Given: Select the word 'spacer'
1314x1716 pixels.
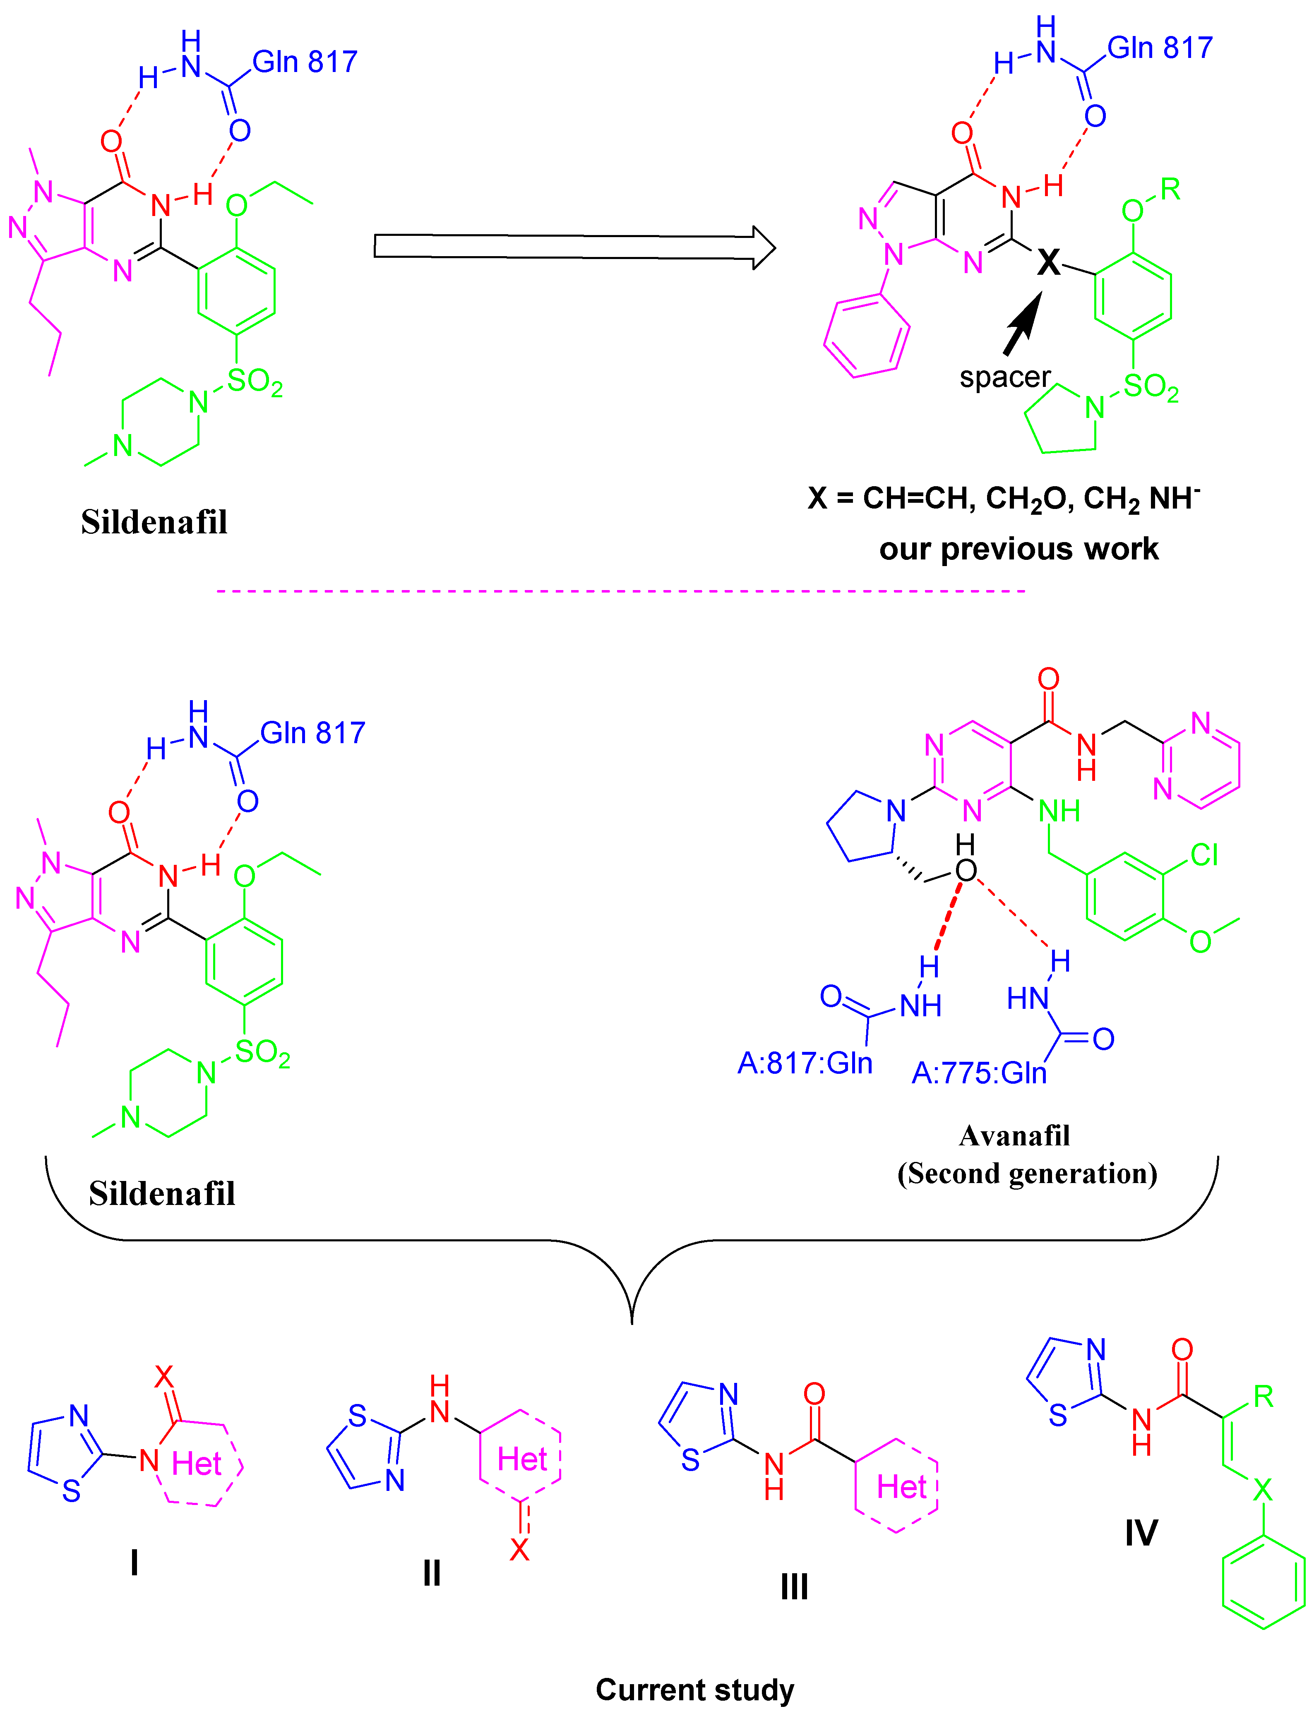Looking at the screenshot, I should point(1004,377).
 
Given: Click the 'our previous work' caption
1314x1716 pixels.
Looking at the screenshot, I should point(1019,549).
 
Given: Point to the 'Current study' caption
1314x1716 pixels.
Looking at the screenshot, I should point(694,1690).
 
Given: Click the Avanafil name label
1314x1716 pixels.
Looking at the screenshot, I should point(1014,1136).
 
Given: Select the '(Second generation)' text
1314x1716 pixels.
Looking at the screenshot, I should point(1027,1173).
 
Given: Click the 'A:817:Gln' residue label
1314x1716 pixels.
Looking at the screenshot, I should point(805,1063).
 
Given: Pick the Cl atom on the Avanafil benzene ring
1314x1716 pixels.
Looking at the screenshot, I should point(1204,855).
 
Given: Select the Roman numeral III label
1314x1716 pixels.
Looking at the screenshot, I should point(794,1587).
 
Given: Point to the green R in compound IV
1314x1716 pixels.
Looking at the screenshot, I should point(1263,1396).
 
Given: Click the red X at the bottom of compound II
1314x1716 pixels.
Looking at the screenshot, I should point(519,1549).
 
